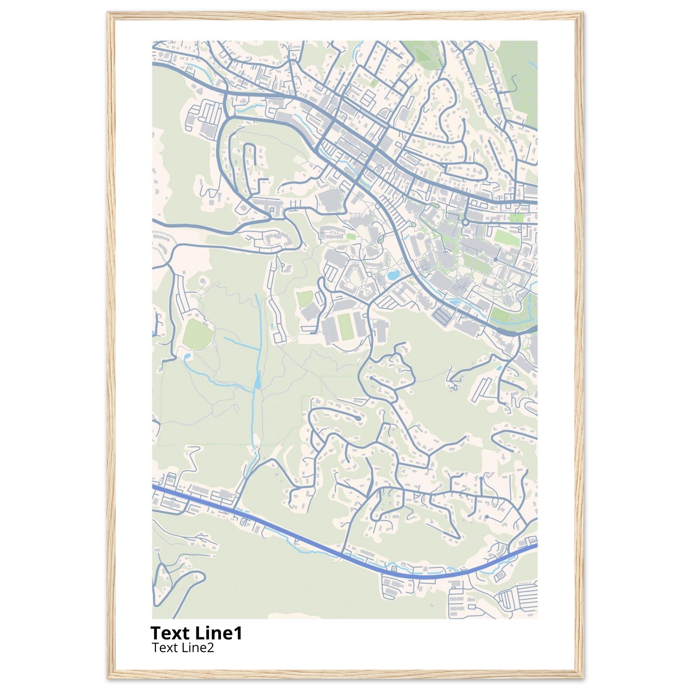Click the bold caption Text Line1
(196, 633)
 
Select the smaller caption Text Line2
(183, 648)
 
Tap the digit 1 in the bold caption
(238, 633)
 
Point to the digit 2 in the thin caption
(210, 648)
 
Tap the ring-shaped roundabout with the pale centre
(465, 222)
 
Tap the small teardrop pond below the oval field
(187, 356)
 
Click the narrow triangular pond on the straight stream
(257, 380)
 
